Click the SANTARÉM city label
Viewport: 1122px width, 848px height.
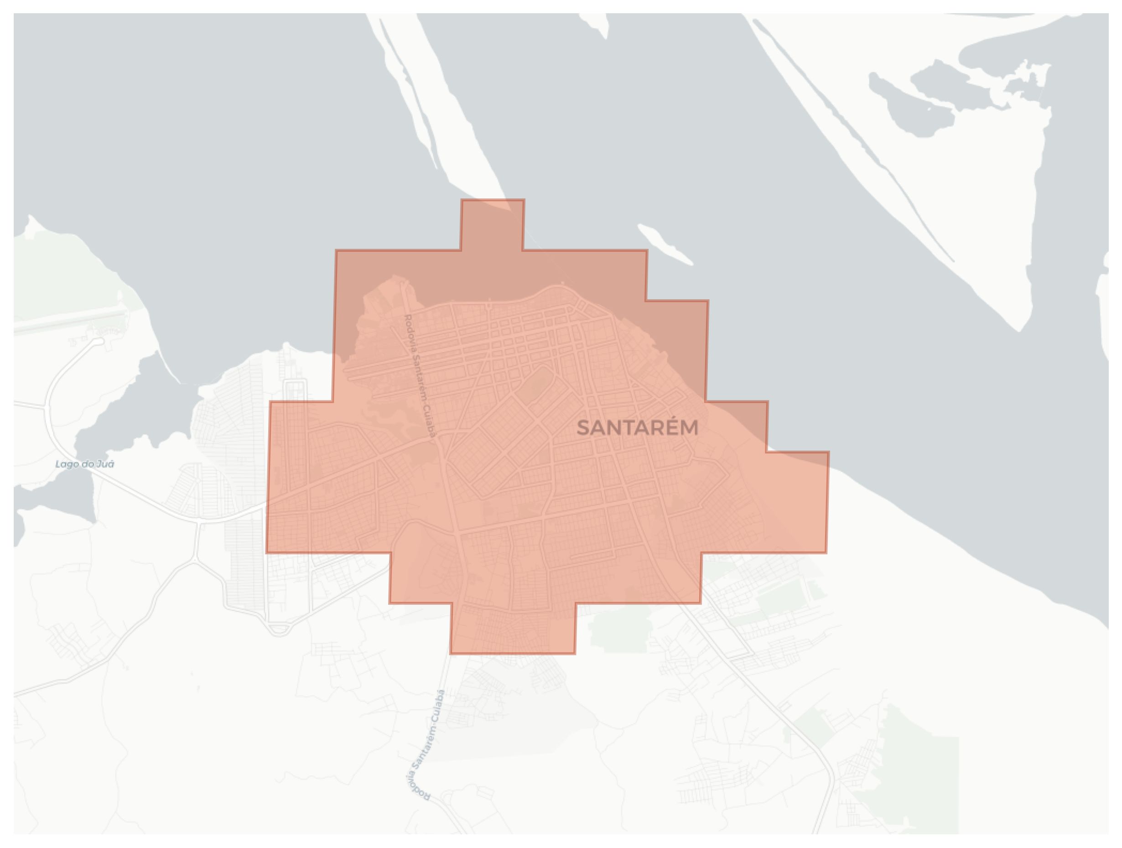click(x=638, y=427)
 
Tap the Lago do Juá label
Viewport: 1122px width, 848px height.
click(x=85, y=463)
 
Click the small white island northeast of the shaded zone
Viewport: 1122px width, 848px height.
click(x=665, y=245)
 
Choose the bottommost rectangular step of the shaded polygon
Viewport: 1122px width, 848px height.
click(x=513, y=629)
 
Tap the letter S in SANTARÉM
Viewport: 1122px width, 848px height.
click(x=583, y=427)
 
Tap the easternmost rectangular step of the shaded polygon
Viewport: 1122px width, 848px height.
click(x=797, y=502)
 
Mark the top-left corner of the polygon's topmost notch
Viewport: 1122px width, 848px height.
click(x=462, y=200)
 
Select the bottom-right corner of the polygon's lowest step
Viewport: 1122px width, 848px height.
click(x=575, y=653)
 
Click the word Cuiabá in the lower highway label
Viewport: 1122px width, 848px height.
click(x=439, y=704)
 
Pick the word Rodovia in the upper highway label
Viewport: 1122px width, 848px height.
click(x=409, y=332)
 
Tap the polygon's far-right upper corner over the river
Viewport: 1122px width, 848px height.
click(x=828, y=452)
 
